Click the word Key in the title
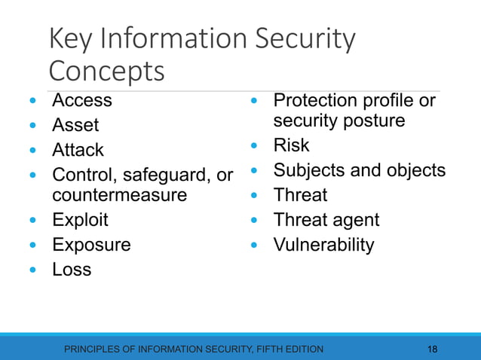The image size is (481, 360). (72, 40)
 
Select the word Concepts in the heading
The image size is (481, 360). (106, 72)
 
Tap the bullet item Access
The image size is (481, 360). (81, 100)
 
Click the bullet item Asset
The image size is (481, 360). (75, 125)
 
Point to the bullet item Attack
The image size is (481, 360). (78, 150)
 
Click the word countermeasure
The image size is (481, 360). (119, 195)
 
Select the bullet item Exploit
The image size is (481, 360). (80, 220)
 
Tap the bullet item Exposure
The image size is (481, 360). (91, 245)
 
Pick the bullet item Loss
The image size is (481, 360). (72, 269)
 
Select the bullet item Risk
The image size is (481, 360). (291, 145)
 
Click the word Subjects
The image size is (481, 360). (308, 170)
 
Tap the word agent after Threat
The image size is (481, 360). (357, 220)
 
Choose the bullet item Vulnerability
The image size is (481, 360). (323, 245)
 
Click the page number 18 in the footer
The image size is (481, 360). (432, 349)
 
